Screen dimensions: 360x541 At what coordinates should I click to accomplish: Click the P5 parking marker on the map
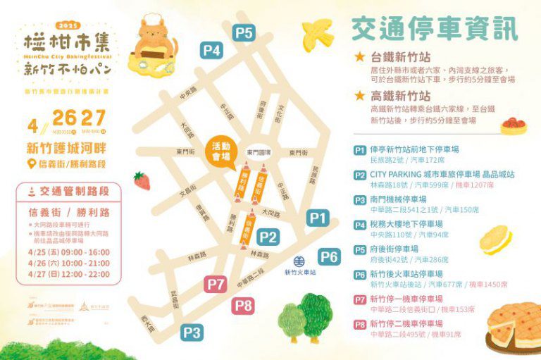[x=244, y=32]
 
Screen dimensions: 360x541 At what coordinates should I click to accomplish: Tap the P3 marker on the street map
[x=192, y=333]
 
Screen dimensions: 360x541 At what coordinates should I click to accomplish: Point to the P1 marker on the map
[x=318, y=218]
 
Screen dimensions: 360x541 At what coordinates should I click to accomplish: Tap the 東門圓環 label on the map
[x=259, y=153]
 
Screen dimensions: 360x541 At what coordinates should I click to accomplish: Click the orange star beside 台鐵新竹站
[x=360, y=57]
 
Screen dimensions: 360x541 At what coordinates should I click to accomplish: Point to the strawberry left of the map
[x=142, y=181]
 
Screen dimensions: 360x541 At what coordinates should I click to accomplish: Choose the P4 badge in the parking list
[x=360, y=225]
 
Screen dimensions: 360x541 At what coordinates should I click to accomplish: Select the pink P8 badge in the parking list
[x=360, y=324]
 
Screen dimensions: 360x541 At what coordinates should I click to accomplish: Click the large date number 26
[x=64, y=118]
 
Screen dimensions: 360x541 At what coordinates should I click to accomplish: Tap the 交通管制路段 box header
[x=67, y=190]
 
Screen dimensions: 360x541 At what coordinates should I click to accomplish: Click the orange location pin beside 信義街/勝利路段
[x=30, y=164]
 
